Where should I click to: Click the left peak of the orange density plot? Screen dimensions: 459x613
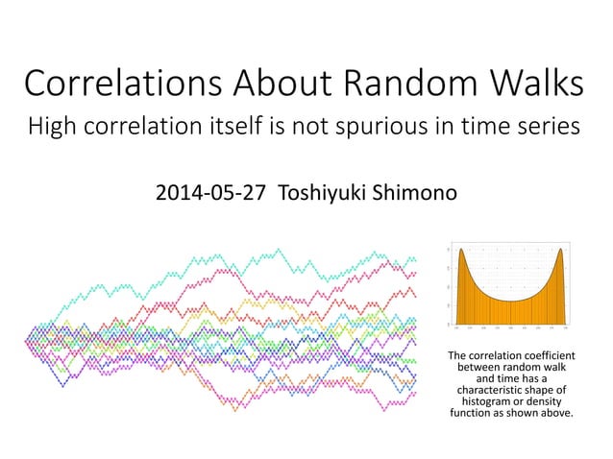pyautogui.click(x=462, y=253)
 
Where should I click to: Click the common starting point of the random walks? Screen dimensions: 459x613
pyautogui.click(x=27, y=338)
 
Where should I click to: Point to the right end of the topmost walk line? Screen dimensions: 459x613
pyautogui.click(x=414, y=258)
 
